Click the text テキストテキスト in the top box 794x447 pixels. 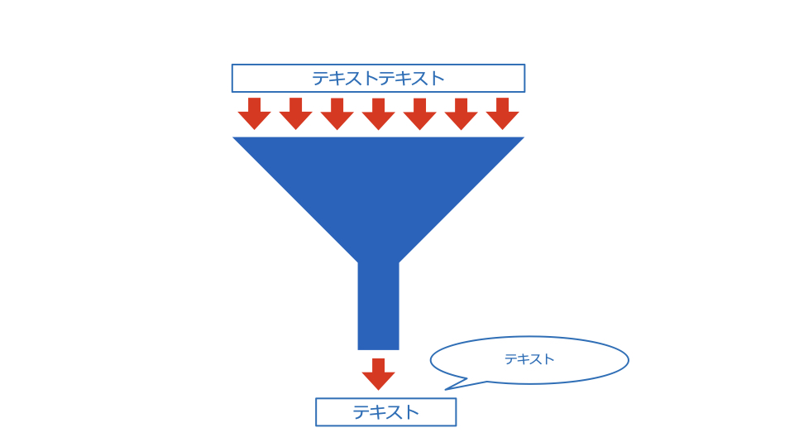pyautogui.click(x=378, y=79)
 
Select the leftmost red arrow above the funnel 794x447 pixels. pyautogui.click(x=254, y=113)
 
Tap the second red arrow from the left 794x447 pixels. pyautogui.click(x=296, y=113)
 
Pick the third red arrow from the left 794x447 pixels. pyautogui.click(x=337, y=113)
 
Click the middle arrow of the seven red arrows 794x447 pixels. pyautogui.click(x=378, y=113)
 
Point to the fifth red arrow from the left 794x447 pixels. pyautogui.click(x=420, y=113)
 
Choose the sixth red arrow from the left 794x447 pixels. pyautogui.click(x=461, y=113)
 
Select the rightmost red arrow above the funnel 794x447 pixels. pyautogui.click(x=502, y=113)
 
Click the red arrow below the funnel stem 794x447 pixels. pyautogui.click(x=378, y=374)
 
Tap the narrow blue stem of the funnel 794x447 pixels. pyautogui.click(x=378, y=306)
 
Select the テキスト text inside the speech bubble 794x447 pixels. pyautogui.click(x=529, y=359)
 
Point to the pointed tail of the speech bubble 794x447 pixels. pyautogui.click(x=446, y=389)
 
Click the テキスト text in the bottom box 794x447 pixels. pyautogui.click(x=386, y=412)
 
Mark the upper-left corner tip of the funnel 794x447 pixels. pyautogui.click(x=233, y=137)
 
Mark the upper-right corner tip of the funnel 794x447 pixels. pyautogui.click(x=524, y=137)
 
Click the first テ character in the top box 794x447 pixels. pyautogui.click(x=320, y=79)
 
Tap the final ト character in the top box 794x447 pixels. pyautogui.click(x=437, y=79)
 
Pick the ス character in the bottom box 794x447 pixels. pyautogui.click(x=394, y=412)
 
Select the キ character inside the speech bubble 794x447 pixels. pyautogui.click(x=523, y=359)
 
